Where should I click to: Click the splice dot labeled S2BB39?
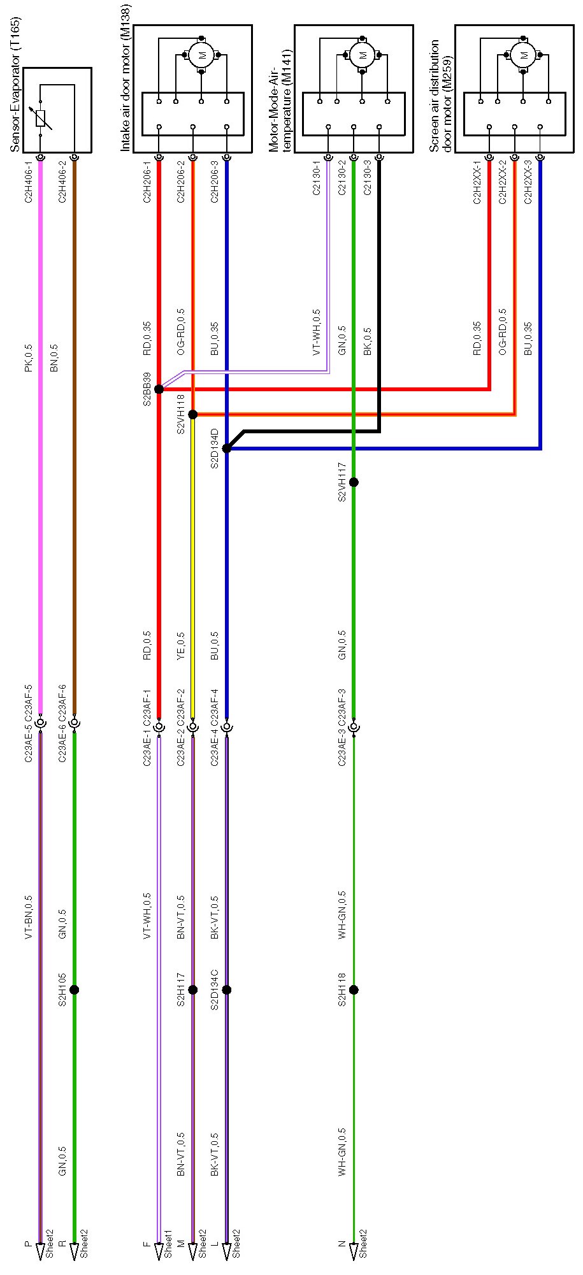(x=159, y=389)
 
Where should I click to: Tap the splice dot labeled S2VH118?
(x=193, y=415)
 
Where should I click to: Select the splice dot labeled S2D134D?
(x=227, y=449)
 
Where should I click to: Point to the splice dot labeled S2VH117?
(x=354, y=482)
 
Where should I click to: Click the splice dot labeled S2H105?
(x=74, y=990)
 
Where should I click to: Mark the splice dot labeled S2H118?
(x=354, y=990)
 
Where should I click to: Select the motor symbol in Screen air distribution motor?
(x=524, y=55)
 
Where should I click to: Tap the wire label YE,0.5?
(x=180, y=645)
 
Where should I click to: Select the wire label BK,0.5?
(x=368, y=341)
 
